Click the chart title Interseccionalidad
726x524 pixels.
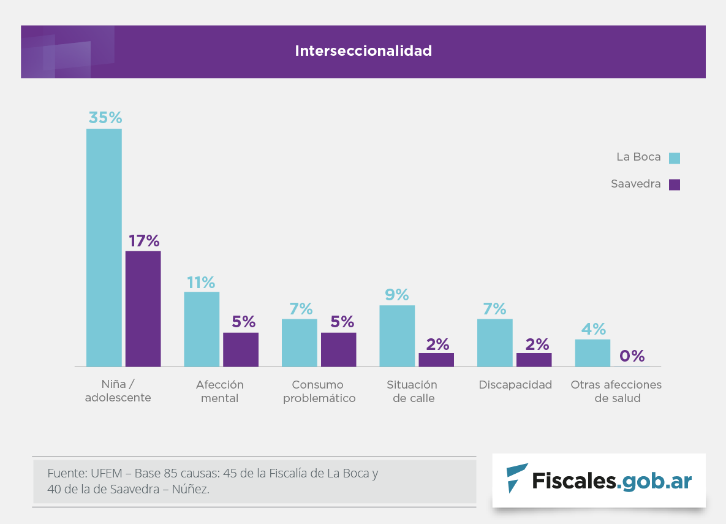[363, 51]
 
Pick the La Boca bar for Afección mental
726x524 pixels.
[202, 329]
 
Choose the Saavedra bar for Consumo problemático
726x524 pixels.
[338, 349]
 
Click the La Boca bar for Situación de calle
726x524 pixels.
[397, 336]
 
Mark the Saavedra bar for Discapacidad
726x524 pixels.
[534, 360]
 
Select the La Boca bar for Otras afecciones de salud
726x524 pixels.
[592, 353]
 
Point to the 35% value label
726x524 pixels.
[105, 118]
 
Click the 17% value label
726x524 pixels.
[144, 241]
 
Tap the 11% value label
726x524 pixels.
[201, 283]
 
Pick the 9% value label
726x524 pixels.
[397, 295]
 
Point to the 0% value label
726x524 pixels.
[632, 356]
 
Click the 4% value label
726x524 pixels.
[593, 329]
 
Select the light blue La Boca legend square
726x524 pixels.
[675, 158]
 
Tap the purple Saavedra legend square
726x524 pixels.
[675, 184]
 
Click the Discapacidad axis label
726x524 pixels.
[515, 385]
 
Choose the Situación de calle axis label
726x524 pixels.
[412, 392]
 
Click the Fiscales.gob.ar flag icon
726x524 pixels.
[516, 478]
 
